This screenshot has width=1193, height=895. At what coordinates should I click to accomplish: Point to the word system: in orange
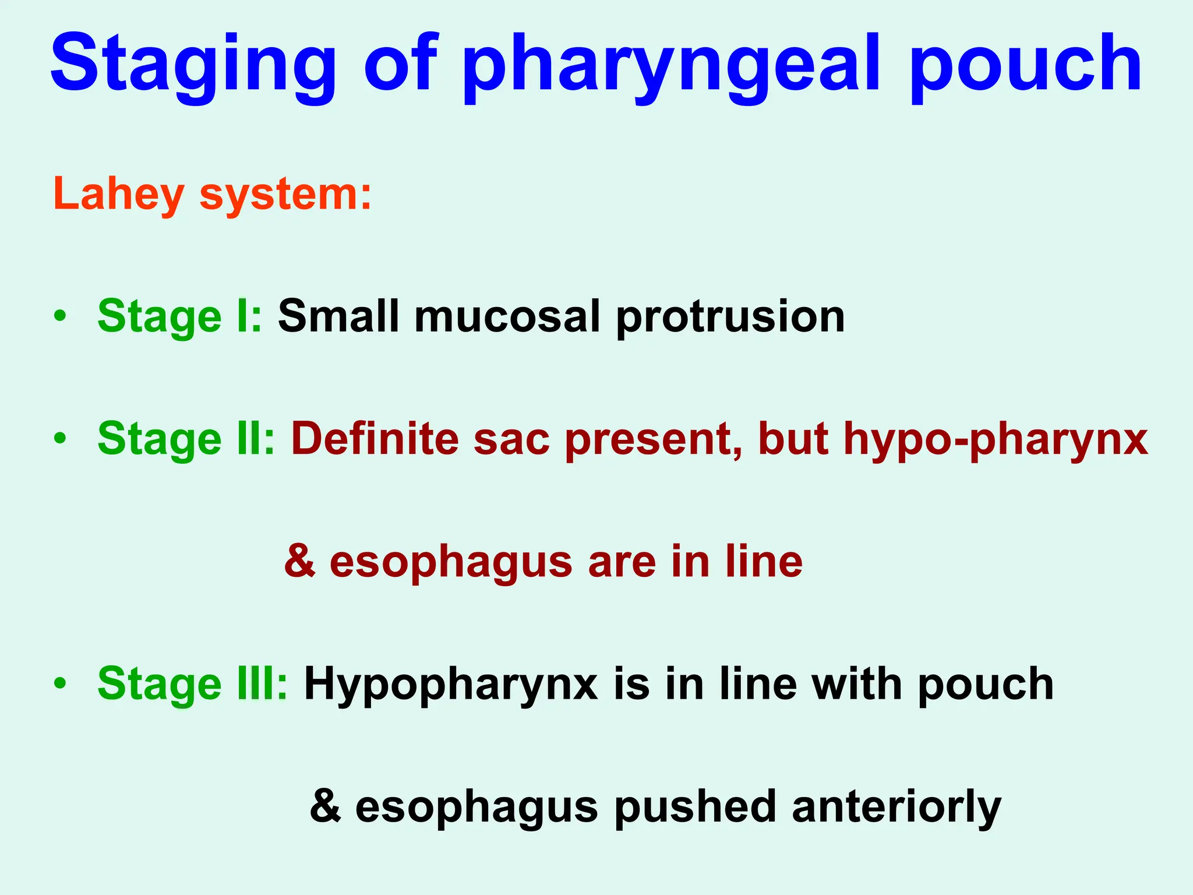point(285,196)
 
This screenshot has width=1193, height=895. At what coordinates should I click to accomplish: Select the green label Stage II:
point(186,439)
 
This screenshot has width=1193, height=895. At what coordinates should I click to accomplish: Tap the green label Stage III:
point(192,684)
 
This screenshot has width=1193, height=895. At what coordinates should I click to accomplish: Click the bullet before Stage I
point(59,317)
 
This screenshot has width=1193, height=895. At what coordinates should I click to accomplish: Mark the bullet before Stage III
point(59,683)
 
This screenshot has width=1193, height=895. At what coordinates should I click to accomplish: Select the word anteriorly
point(896,808)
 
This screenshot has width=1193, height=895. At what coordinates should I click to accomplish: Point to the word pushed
point(696,808)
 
